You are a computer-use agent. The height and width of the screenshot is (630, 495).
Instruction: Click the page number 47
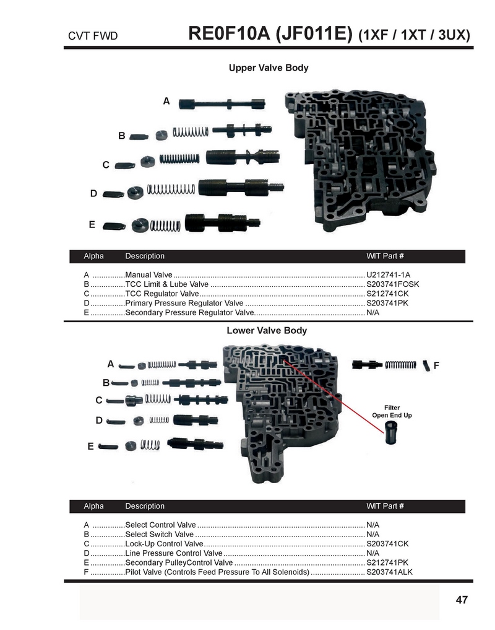462,600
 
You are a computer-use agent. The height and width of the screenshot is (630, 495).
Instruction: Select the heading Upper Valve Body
269,68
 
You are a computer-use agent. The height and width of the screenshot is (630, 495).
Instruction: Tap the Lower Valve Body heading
267,331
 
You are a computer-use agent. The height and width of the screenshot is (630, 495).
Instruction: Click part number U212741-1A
388,275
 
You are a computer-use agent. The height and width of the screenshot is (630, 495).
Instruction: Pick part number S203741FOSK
393,284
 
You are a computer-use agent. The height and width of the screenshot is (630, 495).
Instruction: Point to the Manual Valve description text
148,275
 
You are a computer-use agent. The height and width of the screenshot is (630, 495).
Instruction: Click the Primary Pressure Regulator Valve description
184,303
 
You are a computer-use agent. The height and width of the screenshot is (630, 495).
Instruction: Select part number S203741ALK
389,572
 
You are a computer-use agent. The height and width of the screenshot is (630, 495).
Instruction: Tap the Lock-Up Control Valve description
164,544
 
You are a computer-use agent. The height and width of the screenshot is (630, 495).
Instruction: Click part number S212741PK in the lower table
387,562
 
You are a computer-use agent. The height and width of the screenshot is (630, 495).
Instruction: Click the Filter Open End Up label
392,411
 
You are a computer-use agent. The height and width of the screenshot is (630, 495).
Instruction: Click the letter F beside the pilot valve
436,365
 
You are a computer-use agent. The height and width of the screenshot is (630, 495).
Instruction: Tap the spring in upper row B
191,132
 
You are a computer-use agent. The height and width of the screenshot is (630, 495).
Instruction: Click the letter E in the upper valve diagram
92,225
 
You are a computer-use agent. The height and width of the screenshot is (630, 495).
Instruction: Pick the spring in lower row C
158,398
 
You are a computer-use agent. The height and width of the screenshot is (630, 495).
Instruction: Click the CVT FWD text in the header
93,36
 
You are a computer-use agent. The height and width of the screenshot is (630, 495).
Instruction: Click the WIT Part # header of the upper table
385,256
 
